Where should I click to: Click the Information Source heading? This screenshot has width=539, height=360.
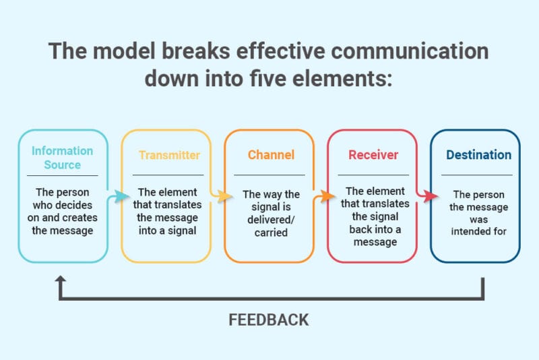coord(62,157)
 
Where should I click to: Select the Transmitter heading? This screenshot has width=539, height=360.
coord(169,155)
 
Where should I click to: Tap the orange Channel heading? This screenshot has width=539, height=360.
coord(271,155)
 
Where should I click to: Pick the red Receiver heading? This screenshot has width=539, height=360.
coord(373,155)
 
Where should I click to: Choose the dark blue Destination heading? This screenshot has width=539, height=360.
coord(478,155)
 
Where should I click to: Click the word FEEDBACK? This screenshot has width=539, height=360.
coord(269,319)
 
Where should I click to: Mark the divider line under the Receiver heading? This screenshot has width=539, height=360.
coord(373,175)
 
